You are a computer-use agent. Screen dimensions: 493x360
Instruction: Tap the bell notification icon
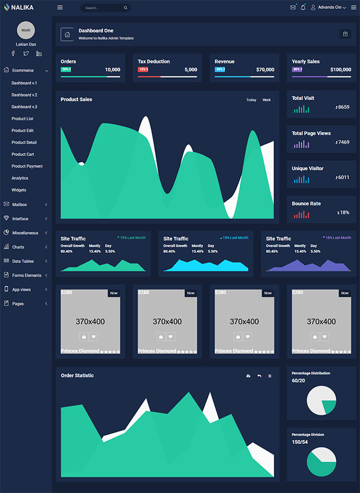pos(303,7)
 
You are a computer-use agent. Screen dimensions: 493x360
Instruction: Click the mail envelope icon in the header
pos(293,7)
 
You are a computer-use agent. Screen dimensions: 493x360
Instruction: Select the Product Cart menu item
pos(23,154)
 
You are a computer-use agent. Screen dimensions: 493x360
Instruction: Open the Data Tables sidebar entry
pos(23,261)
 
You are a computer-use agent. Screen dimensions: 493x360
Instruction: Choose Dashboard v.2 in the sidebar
pos(24,95)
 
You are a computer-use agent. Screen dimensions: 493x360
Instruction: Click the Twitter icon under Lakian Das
pos(26,54)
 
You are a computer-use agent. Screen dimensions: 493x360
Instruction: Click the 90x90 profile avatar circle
pos(26,30)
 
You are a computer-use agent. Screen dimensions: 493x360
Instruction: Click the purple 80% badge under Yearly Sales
pos(297,70)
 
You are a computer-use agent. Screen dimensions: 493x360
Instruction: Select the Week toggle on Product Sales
pos(266,100)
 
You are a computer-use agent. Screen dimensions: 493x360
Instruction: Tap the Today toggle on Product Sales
pos(251,100)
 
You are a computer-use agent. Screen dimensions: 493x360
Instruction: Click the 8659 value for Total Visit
pos(343,107)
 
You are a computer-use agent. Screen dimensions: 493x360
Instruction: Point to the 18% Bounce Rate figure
pos(344,212)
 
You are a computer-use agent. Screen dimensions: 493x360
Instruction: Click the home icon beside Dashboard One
pos(68,34)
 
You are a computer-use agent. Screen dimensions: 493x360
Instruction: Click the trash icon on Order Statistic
pos(270,376)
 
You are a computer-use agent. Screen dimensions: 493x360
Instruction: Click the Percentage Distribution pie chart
pos(321,400)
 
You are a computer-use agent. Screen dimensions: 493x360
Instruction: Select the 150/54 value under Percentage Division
pos(300,442)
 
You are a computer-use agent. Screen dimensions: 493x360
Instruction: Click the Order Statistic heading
pos(77,376)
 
